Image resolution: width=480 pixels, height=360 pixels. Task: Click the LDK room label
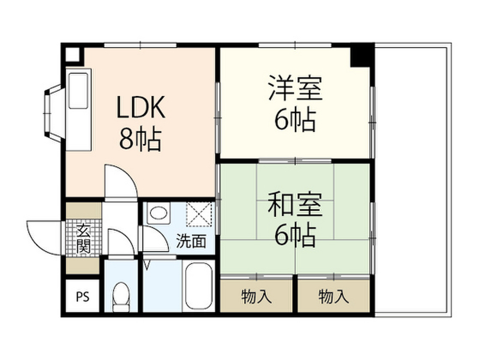pos(141,108)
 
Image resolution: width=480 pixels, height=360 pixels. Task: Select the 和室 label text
pos(295,207)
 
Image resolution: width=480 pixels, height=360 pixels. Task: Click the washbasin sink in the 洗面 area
pos(158,214)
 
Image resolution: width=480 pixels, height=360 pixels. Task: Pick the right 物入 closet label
pos(334,296)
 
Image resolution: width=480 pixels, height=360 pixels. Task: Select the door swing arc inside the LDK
pos(120,180)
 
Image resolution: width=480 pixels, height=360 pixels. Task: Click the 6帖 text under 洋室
pos(295,121)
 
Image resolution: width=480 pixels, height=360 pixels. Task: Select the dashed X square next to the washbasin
pos(199,214)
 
